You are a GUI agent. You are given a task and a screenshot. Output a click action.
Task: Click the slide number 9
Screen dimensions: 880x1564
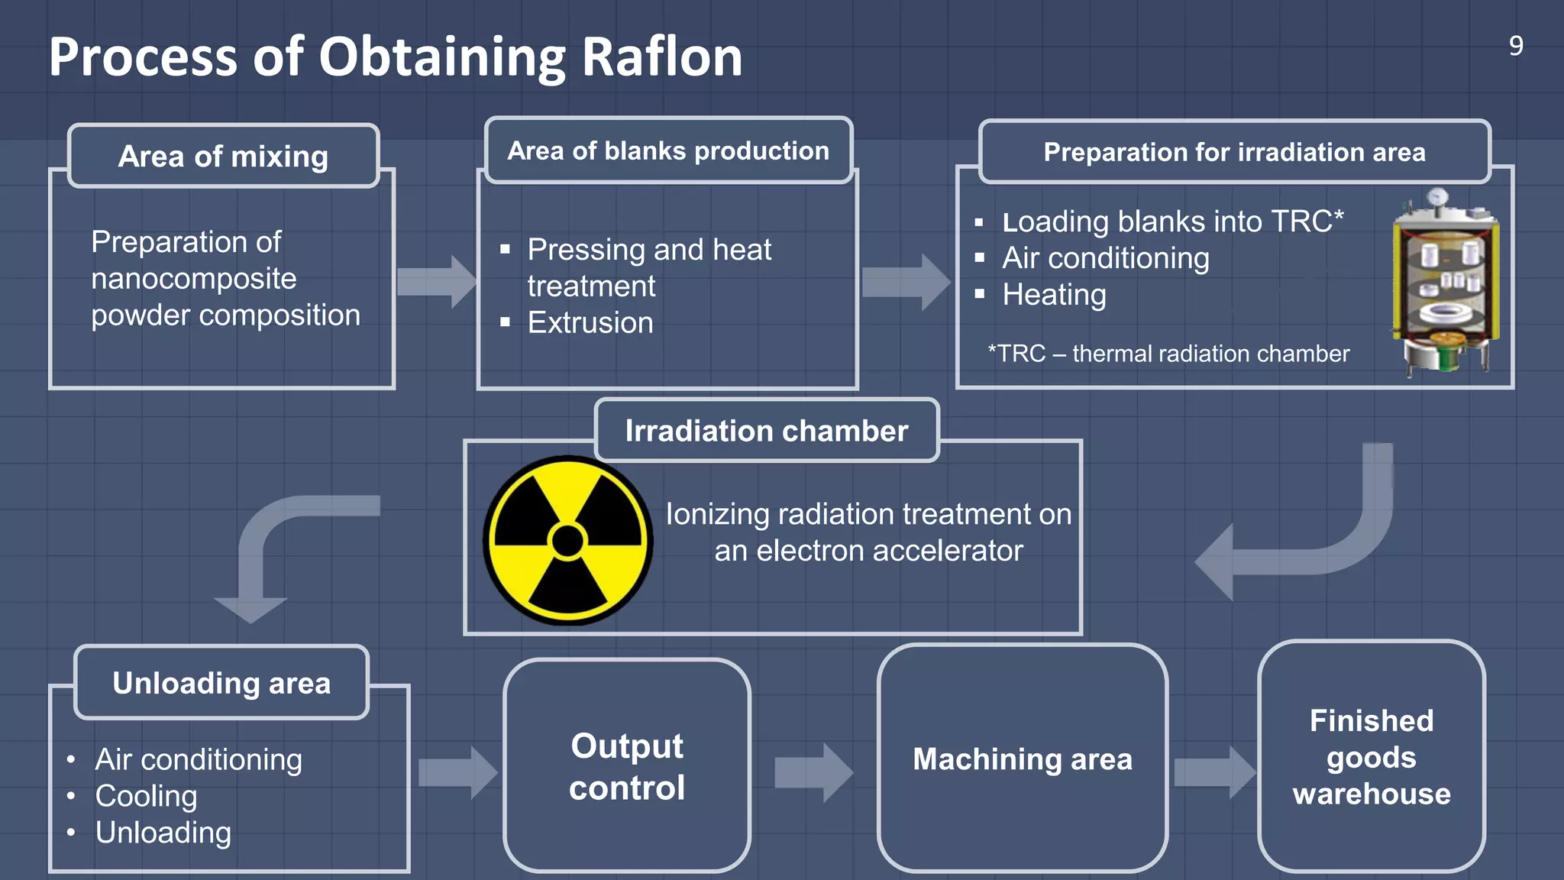pos(1516,47)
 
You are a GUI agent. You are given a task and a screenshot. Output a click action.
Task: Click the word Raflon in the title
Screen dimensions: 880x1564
pos(661,57)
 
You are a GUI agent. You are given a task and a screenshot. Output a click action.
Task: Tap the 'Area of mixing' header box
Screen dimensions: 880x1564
pos(223,156)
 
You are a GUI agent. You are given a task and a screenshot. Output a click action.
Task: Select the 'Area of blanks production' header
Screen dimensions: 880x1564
pos(668,150)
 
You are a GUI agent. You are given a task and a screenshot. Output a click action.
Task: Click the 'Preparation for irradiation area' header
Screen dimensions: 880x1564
pos(1234,152)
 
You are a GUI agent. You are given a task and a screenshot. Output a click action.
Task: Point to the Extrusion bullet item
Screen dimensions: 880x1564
pos(590,323)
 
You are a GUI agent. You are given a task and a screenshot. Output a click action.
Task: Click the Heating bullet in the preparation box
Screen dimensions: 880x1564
pos(1053,295)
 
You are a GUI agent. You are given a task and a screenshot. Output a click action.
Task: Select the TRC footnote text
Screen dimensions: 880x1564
pos(1168,354)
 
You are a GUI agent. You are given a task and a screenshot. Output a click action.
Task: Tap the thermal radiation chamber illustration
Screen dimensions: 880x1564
pos(1444,283)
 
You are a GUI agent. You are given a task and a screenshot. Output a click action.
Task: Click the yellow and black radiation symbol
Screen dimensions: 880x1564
pos(567,541)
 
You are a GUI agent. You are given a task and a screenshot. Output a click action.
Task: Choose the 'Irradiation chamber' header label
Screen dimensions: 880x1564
pos(766,431)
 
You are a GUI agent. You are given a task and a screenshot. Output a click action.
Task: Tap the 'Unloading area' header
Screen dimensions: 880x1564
pos(221,683)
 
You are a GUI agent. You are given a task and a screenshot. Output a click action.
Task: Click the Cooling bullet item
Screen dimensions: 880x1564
pos(146,796)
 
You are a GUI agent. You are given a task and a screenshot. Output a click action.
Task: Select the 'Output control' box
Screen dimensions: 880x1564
pos(626,766)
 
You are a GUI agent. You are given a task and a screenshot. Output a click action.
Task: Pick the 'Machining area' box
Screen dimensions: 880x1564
pos(1022,759)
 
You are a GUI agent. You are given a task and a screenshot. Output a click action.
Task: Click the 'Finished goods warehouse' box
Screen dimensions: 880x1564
pos(1371,757)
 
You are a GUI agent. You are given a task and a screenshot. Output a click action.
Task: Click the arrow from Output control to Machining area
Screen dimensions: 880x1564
pos(813,772)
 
